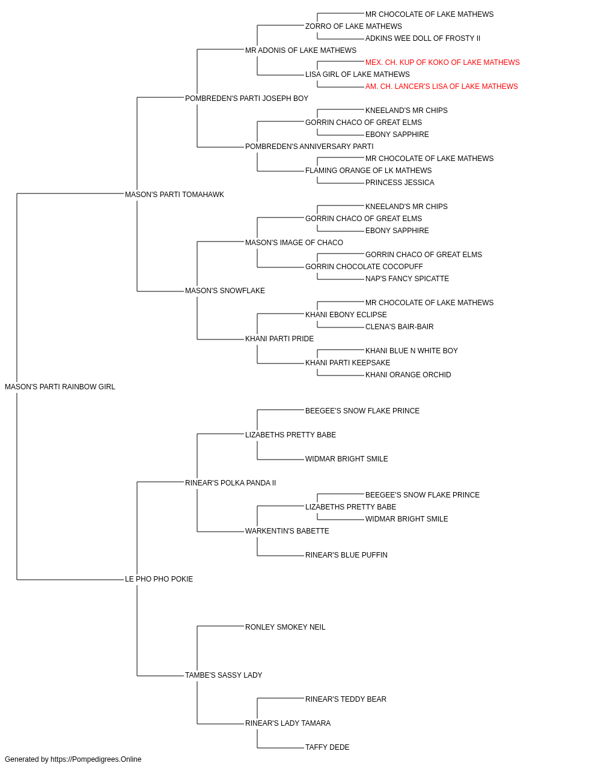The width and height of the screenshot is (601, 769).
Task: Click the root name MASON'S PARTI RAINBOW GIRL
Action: (x=60, y=387)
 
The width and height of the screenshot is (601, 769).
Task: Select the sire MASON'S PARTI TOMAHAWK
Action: (x=174, y=195)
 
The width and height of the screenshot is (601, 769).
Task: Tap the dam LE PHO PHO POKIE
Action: (x=159, y=579)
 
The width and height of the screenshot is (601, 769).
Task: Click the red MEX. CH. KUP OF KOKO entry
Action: (x=442, y=62)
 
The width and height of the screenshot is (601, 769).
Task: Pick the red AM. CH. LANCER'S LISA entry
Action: (x=441, y=87)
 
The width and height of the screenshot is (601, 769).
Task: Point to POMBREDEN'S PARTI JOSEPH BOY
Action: (x=246, y=99)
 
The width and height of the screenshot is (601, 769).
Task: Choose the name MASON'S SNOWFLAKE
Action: (x=225, y=291)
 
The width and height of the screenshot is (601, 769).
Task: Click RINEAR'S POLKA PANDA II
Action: (x=230, y=483)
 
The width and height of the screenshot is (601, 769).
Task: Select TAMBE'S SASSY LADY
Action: (x=224, y=675)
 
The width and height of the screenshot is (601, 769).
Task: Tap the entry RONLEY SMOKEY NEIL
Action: (x=285, y=627)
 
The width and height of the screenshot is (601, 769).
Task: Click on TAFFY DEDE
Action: (x=328, y=747)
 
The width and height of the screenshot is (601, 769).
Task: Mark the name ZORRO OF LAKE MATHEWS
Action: (x=353, y=26)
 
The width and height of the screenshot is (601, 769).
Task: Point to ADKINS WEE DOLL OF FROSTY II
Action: (x=423, y=38)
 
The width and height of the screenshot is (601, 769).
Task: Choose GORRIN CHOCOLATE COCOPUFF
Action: (x=364, y=267)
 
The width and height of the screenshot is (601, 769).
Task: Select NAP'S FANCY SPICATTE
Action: (x=407, y=279)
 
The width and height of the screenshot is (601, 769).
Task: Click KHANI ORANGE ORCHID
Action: (x=408, y=375)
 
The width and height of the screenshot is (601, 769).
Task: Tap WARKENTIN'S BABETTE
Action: (x=287, y=531)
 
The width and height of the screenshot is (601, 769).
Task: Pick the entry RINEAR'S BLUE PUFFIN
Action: (x=347, y=555)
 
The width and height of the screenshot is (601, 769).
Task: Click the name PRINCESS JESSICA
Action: (x=400, y=183)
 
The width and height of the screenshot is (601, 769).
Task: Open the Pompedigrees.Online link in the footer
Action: (x=96, y=759)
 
